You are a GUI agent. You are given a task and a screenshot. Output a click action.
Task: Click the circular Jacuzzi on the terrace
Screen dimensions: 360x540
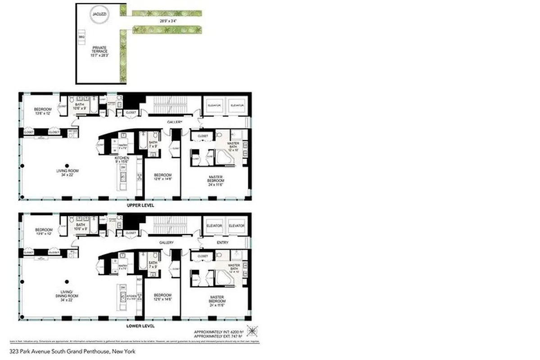99,14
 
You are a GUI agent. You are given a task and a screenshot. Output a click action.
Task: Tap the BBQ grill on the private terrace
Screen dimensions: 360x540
82,36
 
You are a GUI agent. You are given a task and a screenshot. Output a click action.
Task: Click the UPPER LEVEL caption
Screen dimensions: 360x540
141,205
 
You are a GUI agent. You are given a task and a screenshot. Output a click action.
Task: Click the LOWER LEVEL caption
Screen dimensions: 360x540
141,325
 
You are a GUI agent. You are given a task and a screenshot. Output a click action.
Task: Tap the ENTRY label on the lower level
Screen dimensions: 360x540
222,243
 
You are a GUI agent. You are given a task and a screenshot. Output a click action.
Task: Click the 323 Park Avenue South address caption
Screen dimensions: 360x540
72,351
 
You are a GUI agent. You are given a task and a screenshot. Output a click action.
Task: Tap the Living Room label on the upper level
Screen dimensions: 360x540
65,173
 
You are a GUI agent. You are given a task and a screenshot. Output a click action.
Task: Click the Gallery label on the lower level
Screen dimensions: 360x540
167,243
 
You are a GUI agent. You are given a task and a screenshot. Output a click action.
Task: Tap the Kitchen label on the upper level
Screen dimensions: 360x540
122,160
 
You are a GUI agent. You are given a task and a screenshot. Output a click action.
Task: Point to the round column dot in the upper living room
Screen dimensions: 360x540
67,165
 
